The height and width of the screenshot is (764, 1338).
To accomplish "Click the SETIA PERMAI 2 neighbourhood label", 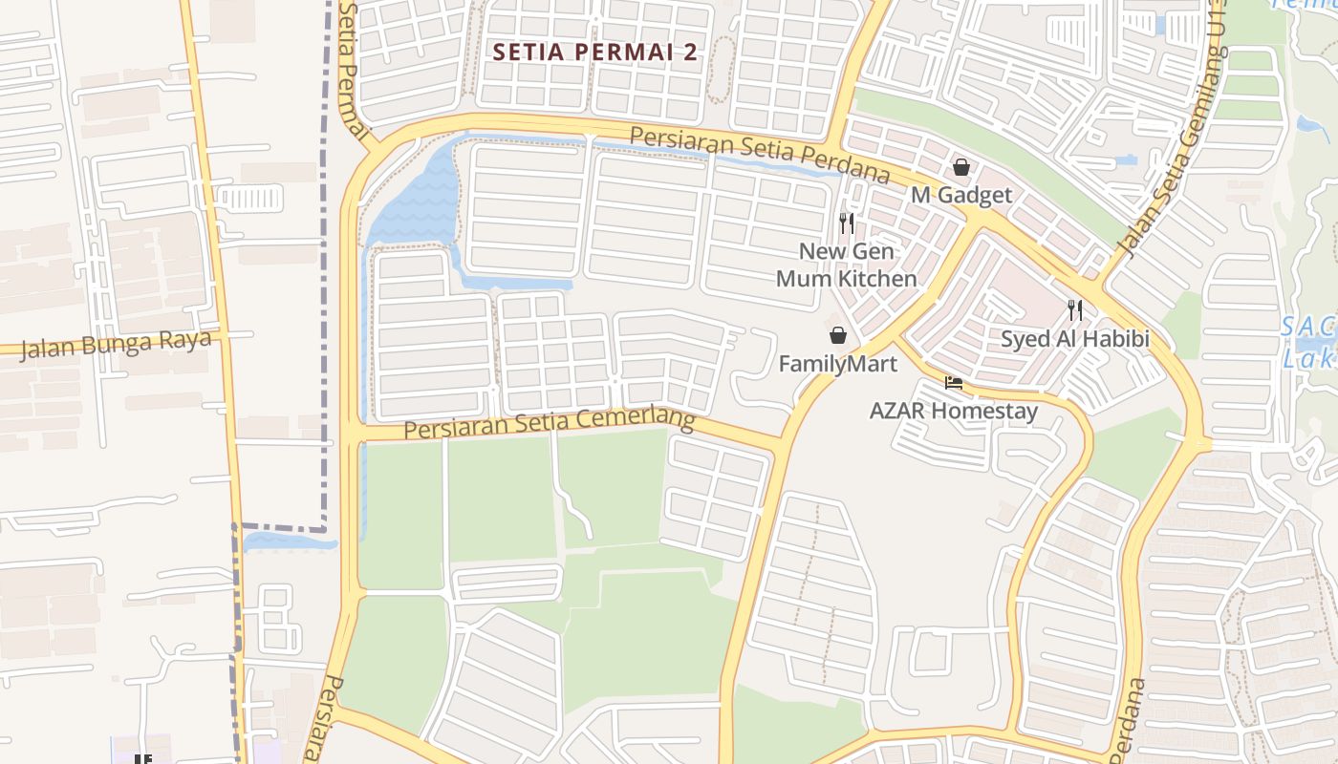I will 595,53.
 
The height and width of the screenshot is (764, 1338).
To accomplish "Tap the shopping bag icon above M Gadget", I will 961,168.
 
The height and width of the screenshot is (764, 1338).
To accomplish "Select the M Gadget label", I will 960,195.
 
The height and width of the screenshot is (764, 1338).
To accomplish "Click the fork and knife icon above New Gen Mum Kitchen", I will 846,223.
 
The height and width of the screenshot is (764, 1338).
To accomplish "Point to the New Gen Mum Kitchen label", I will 846,265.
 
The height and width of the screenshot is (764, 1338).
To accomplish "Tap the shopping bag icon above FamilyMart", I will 838,335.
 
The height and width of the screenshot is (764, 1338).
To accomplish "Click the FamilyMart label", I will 838,364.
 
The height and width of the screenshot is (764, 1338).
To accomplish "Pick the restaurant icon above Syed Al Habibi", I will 1075,310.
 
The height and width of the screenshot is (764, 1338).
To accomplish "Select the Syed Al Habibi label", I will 1075,339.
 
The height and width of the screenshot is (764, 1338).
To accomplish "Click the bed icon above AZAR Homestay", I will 953,383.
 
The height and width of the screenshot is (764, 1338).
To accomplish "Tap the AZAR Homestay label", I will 953,412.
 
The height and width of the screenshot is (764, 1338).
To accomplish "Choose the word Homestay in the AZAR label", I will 990,412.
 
